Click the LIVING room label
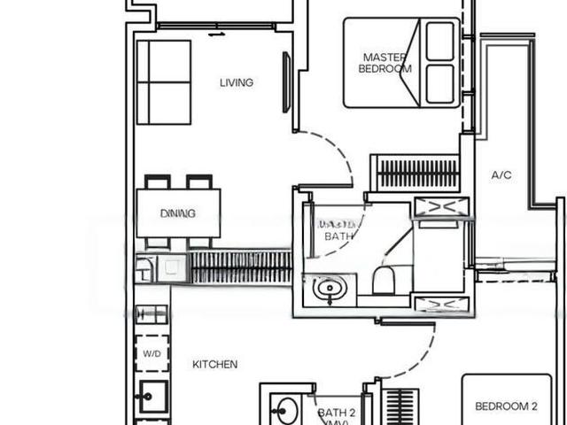tap(237, 82)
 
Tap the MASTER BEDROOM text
tap(385, 63)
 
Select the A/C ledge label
tap(501, 175)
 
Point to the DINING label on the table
tap(178, 213)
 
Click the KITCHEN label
tap(215, 364)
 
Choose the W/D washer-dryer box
tap(151, 354)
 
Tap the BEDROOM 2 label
tap(506, 406)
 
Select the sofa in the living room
tap(164, 81)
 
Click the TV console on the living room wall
tap(287, 82)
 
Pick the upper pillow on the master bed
tap(439, 41)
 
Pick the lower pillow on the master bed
tap(439, 84)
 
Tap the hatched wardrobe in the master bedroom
tap(415, 172)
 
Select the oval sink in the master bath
tap(330, 288)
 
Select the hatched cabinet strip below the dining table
tap(240, 267)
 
